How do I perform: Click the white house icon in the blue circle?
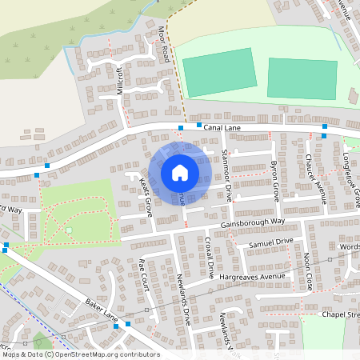coord(180,172)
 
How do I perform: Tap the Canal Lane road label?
coord(222,126)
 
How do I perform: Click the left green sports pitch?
coord(219,74)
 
